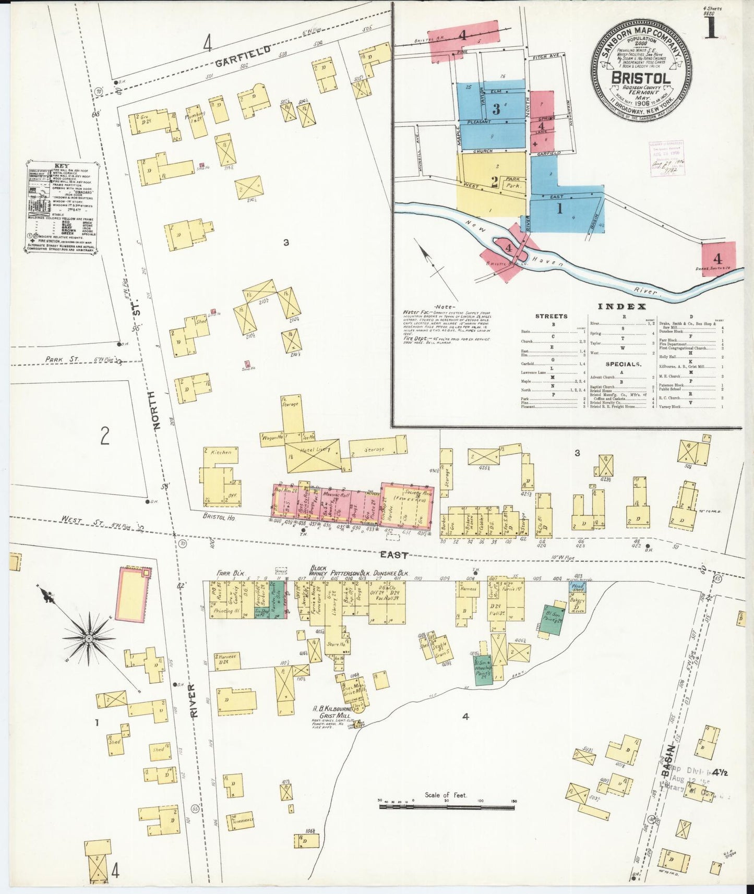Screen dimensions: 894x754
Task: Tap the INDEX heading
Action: pyautogui.click(x=622, y=306)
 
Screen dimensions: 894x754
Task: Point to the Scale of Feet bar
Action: pyautogui.click(x=447, y=806)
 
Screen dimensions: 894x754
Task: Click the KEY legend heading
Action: pyautogui.click(x=61, y=166)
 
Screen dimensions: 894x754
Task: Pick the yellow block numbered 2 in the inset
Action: pyautogui.click(x=494, y=182)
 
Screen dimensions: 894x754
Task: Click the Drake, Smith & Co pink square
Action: pyautogui.click(x=718, y=259)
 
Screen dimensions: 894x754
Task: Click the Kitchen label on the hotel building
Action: pyautogui.click(x=221, y=452)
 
